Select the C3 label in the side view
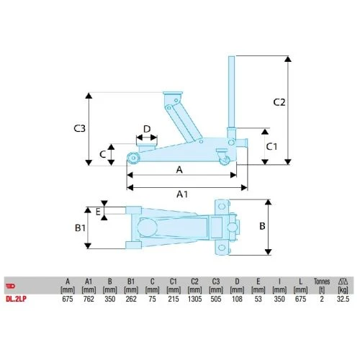(x=81, y=129)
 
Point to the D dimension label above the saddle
(x=146, y=130)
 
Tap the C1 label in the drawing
(x=272, y=146)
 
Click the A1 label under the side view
(x=182, y=194)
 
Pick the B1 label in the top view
(x=81, y=228)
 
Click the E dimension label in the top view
(x=98, y=212)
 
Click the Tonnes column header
(x=321, y=281)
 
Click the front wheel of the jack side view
(x=133, y=158)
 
